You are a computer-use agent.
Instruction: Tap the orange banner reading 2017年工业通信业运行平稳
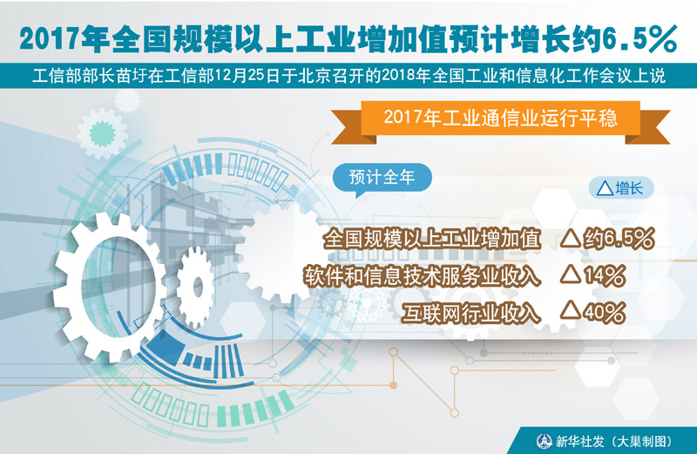500,119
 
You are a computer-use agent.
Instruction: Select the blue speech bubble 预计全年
382,178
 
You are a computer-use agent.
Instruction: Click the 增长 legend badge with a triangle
621,188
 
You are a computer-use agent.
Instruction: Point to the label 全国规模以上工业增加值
431,239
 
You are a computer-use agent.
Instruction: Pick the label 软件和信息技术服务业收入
422,276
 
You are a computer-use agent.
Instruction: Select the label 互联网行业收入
471,313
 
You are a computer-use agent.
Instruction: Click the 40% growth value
605,313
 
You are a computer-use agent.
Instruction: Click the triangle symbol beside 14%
571,274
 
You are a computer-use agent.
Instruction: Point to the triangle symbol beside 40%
571,311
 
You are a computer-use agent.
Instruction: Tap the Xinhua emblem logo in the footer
544,441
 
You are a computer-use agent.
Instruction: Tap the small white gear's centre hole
198,288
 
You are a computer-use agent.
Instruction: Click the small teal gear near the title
102,133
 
